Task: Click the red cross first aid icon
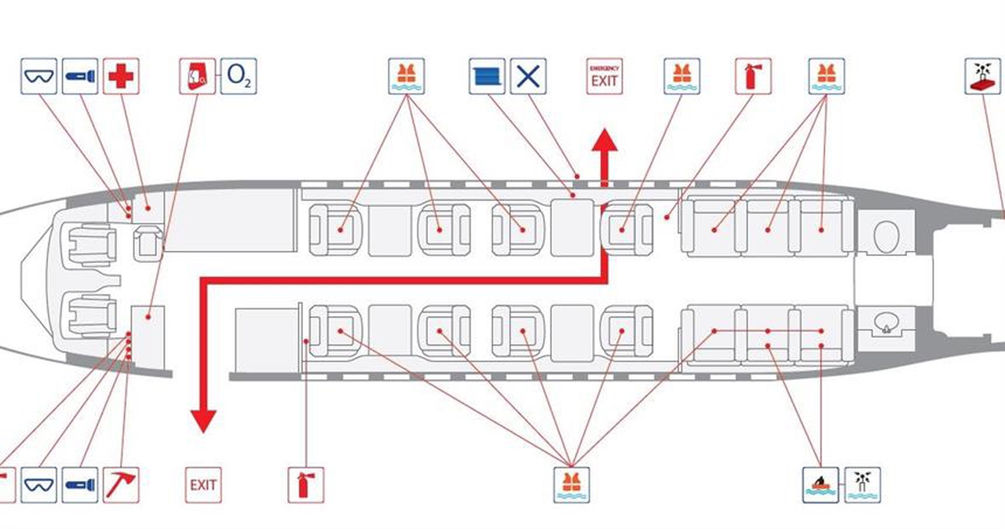click(121, 76)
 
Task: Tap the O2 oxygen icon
click(239, 76)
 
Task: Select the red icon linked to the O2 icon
click(197, 76)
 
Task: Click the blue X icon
click(528, 76)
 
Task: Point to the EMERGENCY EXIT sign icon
click(605, 76)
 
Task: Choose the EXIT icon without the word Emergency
click(203, 485)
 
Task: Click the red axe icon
click(121, 485)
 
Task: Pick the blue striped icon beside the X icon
click(487, 76)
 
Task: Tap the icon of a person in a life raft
click(820, 485)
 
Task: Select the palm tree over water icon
click(863, 485)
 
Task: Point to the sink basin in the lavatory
click(886, 322)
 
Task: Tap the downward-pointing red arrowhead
click(203, 421)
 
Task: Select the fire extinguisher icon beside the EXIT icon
click(305, 485)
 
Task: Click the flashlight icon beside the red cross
click(80, 76)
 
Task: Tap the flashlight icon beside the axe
click(80, 485)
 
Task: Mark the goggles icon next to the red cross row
click(39, 76)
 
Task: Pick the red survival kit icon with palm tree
click(983, 76)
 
